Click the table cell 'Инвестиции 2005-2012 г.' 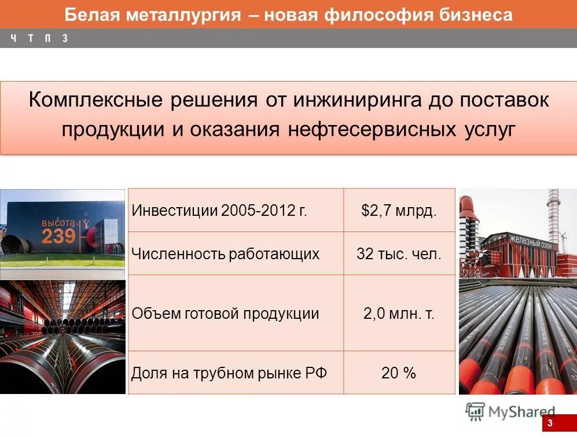click(219, 209)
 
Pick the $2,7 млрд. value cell click(399, 209)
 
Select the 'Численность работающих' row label click(225, 253)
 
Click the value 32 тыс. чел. click(399, 253)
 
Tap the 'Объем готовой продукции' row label click(225, 314)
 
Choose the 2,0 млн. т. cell click(399, 314)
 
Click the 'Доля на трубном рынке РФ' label click(229, 373)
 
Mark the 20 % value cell click(399, 373)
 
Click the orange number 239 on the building click(58, 236)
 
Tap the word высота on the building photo click(58, 223)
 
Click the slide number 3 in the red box click(550, 424)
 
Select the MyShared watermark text click(521, 412)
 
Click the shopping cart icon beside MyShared click(475, 411)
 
